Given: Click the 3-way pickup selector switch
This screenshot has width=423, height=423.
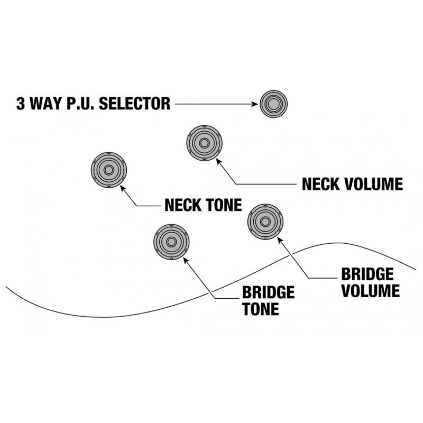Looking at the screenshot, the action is [273, 104].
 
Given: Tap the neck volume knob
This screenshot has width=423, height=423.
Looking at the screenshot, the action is [204, 143].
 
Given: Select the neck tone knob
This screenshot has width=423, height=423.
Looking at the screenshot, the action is [109, 170].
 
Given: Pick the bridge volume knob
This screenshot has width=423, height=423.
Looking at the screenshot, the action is [265, 222].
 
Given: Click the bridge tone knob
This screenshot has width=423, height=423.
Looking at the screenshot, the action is [171, 242].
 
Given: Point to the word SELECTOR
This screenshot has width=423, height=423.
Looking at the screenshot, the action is [135, 103].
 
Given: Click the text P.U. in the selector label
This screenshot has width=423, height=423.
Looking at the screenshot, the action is [81, 103].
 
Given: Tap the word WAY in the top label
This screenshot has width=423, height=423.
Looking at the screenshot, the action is [46, 103].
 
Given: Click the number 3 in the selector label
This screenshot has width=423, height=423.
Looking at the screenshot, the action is [21, 103].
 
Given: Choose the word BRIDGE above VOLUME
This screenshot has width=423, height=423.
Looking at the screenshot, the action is [367, 274].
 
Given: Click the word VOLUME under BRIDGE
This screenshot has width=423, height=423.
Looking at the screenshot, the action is [371, 290].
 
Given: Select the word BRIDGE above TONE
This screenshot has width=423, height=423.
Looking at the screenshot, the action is [268, 292].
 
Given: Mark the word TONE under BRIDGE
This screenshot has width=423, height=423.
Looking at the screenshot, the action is [261, 309].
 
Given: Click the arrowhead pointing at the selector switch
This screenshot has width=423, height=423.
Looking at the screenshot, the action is [255, 104].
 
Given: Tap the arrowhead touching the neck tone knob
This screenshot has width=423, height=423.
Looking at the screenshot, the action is [123, 188].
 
